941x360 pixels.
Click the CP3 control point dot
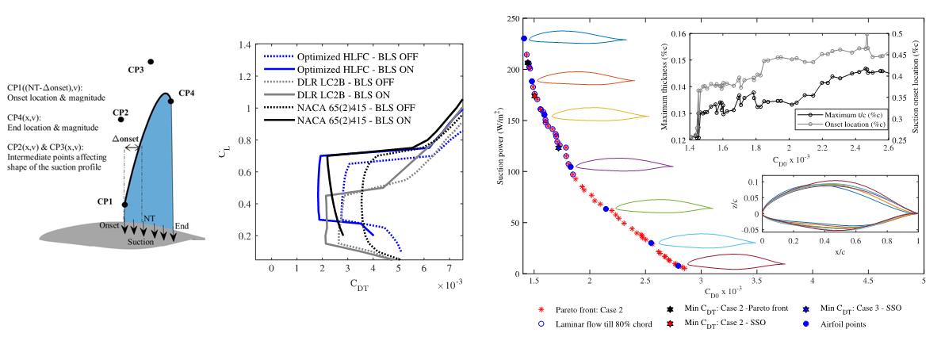click(x=151, y=61)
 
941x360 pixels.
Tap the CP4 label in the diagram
click(x=187, y=93)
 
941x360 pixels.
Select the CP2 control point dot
click(x=120, y=119)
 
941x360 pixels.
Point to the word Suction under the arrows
click(x=141, y=241)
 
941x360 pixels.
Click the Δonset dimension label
click(x=126, y=139)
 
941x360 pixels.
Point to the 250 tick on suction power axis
click(x=512, y=19)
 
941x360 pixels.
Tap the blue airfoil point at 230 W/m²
click(x=524, y=38)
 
